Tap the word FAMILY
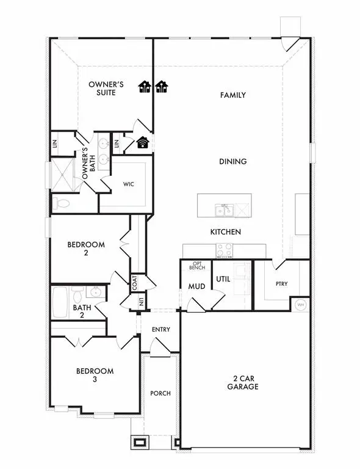pyautogui.click(x=232, y=95)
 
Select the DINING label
pyautogui.click(x=233, y=162)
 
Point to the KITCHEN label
pyautogui.click(x=225, y=232)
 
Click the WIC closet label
pyautogui.click(x=129, y=183)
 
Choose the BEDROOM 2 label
pyautogui.click(x=85, y=249)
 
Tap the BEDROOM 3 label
pyautogui.click(x=95, y=375)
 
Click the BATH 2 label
pyautogui.click(x=82, y=311)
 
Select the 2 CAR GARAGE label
pyautogui.click(x=240, y=382)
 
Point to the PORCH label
pyautogui.click(x=160, y=393)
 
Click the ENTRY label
pyautogui.click(x=160, y=330)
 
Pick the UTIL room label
pyautogui.click(x=223, y=279)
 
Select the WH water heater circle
pyautogui.click(x=300, y=305)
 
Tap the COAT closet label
pyautogui.click(x=134, y=283)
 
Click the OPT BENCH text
pyautogui.click(x=196, y=266)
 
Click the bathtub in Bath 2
pyautogui.click(x=60, y=302)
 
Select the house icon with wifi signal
pyautogui.click(x=143, y=143)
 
